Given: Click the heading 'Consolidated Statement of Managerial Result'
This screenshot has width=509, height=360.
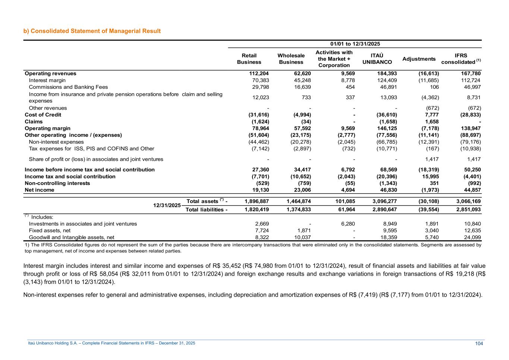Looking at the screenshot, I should coord(95,31).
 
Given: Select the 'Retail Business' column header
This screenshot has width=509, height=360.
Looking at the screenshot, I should coord(249,59).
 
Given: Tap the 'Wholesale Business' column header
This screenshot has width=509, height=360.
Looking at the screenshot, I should coord(291,59).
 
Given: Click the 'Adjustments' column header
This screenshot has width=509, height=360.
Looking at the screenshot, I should coord(419,59).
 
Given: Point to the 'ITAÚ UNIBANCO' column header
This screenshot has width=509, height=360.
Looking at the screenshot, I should coord(377,59).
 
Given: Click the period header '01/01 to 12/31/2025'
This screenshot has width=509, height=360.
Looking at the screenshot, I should coord(355,44).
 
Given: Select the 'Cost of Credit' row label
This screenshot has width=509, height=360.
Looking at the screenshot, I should coord(43,115).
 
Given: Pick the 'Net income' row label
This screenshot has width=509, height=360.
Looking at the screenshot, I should coord(40,190).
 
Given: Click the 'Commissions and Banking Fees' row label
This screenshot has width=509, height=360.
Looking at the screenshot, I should coord(68,87).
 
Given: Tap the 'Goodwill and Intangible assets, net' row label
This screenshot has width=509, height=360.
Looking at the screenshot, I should coord(72,237).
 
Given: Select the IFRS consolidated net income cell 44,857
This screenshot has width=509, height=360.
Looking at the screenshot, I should coord(471,190).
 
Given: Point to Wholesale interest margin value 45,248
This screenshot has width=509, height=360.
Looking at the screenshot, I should coord(301,80).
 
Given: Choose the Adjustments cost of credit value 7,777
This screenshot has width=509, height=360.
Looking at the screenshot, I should coord(432,115).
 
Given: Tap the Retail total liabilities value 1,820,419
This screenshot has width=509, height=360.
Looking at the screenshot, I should coord(257,210).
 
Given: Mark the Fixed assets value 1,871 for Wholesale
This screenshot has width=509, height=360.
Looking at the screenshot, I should coord(304,231).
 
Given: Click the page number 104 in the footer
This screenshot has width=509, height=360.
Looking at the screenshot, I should coord(479,344).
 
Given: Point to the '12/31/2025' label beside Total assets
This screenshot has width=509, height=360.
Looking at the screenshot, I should coord(167,206).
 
